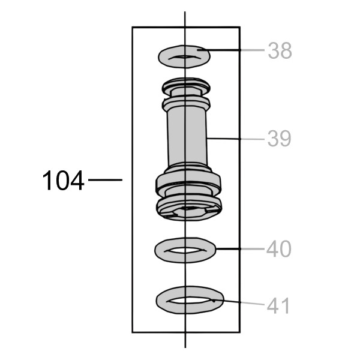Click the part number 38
coord(280,50)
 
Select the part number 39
coord(280,139)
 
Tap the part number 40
coord(279,249)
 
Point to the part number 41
coord(278,305)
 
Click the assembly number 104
coord(63,180)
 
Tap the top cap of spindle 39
coord(186,86)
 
